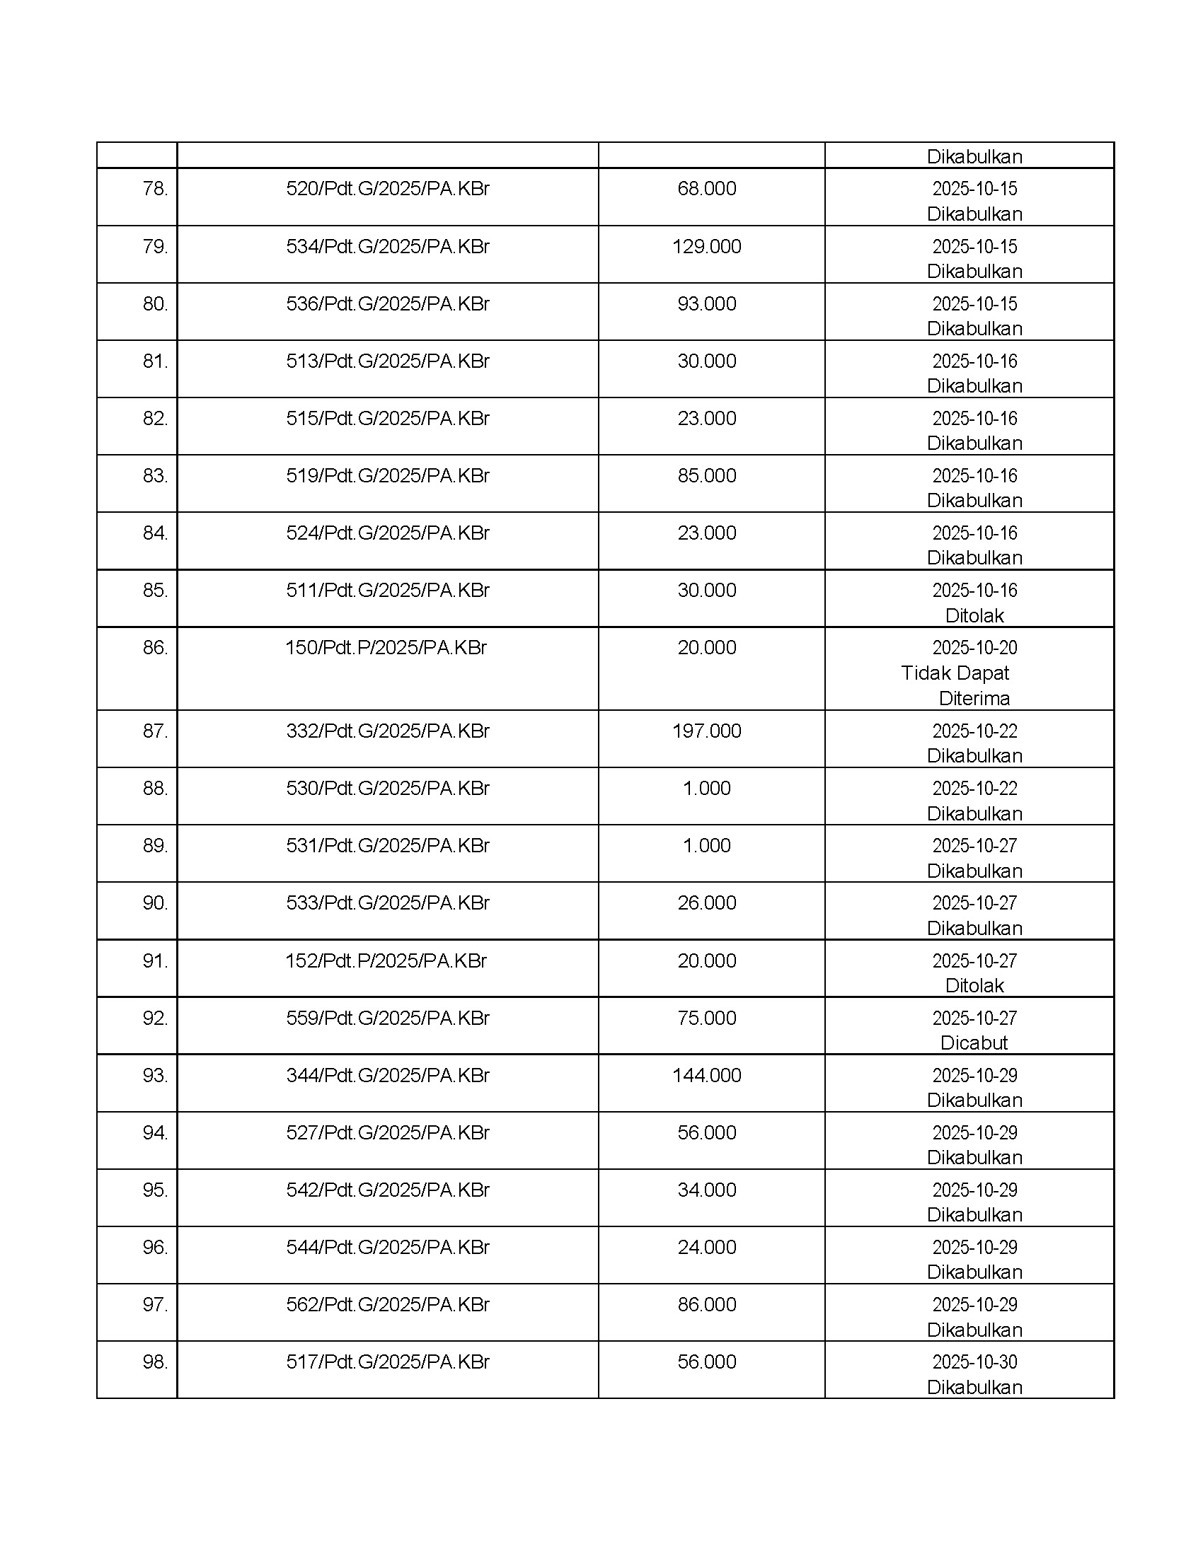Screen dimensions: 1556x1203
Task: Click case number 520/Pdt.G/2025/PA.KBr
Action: click(388, 189)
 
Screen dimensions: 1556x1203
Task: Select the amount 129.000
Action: click(706, 247)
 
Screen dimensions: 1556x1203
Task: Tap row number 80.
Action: click(155, 304)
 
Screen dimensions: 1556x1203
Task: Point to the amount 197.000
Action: click(706, 731)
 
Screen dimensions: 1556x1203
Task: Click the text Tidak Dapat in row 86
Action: click(955, 673)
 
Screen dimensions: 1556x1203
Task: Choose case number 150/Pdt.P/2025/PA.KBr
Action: click(386, 648)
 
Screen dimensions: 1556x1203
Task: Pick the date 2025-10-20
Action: click(974, 648)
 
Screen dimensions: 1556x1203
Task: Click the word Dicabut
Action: click(974, 1043)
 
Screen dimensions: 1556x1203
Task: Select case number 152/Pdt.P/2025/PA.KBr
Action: click(386, 961)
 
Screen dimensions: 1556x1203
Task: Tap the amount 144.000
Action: click(706, 1075)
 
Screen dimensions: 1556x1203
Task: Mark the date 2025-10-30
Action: click(974, 1362)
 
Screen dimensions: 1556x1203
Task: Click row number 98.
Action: click(155, 1362)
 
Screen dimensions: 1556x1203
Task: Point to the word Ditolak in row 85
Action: click(974, 615)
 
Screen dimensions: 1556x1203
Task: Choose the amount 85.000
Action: click(706, 476)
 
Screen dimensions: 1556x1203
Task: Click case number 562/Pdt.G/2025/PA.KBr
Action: click(388, 1304)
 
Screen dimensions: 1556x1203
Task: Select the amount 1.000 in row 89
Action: click(706, 846)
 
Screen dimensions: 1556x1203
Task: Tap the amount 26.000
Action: click(706, 903)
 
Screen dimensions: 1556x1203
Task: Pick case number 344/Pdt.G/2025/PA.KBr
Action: click(388, 1075)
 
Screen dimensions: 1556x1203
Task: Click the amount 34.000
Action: click(706, 1190)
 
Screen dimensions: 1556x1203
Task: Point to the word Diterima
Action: click(974, 698)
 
